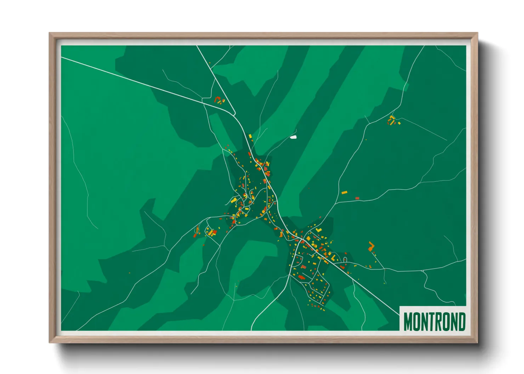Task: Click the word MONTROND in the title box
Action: pyautogui.click(x=434, y=322)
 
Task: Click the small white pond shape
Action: pyautogui.click(x=293, y=137)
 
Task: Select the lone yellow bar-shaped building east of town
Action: pyautogui.click(x=344, y=193)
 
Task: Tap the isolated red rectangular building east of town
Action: pyautogui.click(x=357, y=198)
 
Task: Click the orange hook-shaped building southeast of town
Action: pyautogui.click(x=371, y=246)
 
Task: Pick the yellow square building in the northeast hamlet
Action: pyautogui.click(x=399, y=123)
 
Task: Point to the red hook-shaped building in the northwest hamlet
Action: pyautogui.click(x=217, y=99)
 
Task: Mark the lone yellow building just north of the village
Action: pyautogui.click(x=250, y=136)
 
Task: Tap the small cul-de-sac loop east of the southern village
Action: pyautogui.click(x=344, y=260)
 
